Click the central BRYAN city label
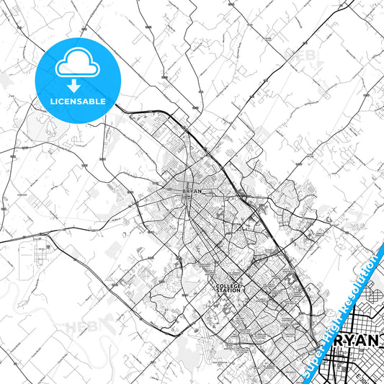(185, 191)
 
